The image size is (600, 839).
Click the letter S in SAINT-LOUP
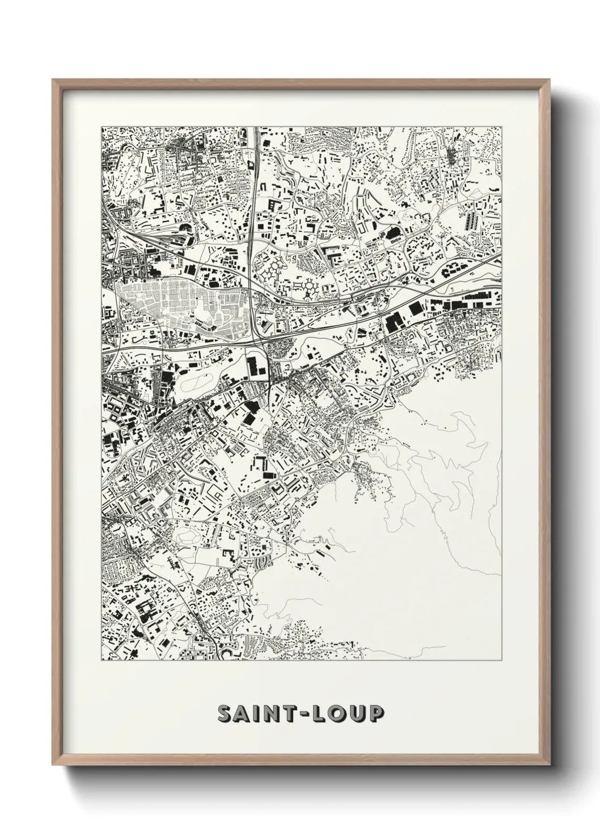click(225, 714)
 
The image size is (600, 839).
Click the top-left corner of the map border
click(102, 126)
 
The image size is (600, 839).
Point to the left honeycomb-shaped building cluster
click(273, 269)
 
